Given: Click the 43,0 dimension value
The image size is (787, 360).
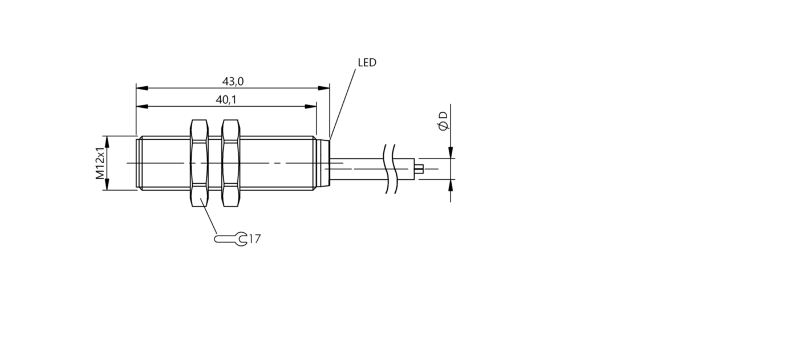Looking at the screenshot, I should click(233, 82).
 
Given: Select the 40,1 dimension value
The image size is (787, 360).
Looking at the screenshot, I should click(226, 100).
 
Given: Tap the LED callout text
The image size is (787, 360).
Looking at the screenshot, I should click(367, 62).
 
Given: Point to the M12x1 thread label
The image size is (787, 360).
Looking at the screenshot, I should click(100, 163).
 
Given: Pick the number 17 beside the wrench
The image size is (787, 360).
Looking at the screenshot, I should click(254, 239).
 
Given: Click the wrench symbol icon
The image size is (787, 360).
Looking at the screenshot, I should click(231, 239).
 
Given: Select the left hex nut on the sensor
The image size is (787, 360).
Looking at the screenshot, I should click(198, 163).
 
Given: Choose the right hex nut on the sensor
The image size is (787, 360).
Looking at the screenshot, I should click(230, 163).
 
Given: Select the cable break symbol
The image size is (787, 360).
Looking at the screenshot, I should click(390, 168).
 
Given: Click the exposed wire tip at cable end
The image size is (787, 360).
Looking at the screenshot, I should click(420, 168).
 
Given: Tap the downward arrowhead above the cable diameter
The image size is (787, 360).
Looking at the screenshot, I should click(451, 152).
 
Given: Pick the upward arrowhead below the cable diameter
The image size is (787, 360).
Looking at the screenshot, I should click(451, 184).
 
